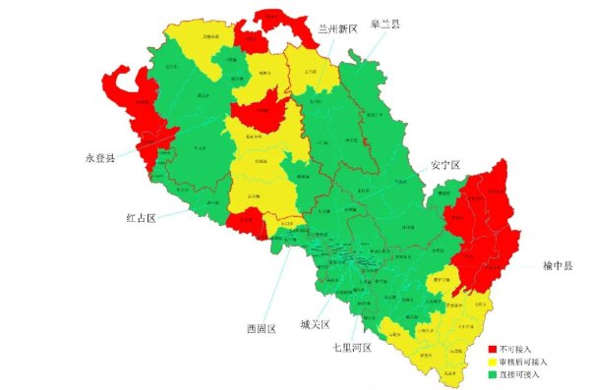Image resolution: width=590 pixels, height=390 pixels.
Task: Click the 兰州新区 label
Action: tap(336, 29)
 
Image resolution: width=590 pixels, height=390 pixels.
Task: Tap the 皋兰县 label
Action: tap(384, 24)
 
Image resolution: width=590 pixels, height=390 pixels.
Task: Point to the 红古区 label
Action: tap(141, 216)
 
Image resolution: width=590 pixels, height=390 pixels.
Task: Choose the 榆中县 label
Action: tap(559, 265)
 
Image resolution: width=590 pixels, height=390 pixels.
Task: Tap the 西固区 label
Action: tap(262, 328)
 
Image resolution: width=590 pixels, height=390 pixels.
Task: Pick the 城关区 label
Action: tap(315, 324)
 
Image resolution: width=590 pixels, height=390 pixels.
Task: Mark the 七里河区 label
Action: tap(351, 347)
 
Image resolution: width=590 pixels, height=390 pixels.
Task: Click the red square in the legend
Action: tap(494, 349)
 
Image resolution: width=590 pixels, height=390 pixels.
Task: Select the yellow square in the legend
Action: tap(494, 362)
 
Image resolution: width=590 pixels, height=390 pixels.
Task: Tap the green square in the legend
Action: tap(494, 374)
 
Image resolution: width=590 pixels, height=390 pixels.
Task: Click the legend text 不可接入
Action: tap(516, 349)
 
